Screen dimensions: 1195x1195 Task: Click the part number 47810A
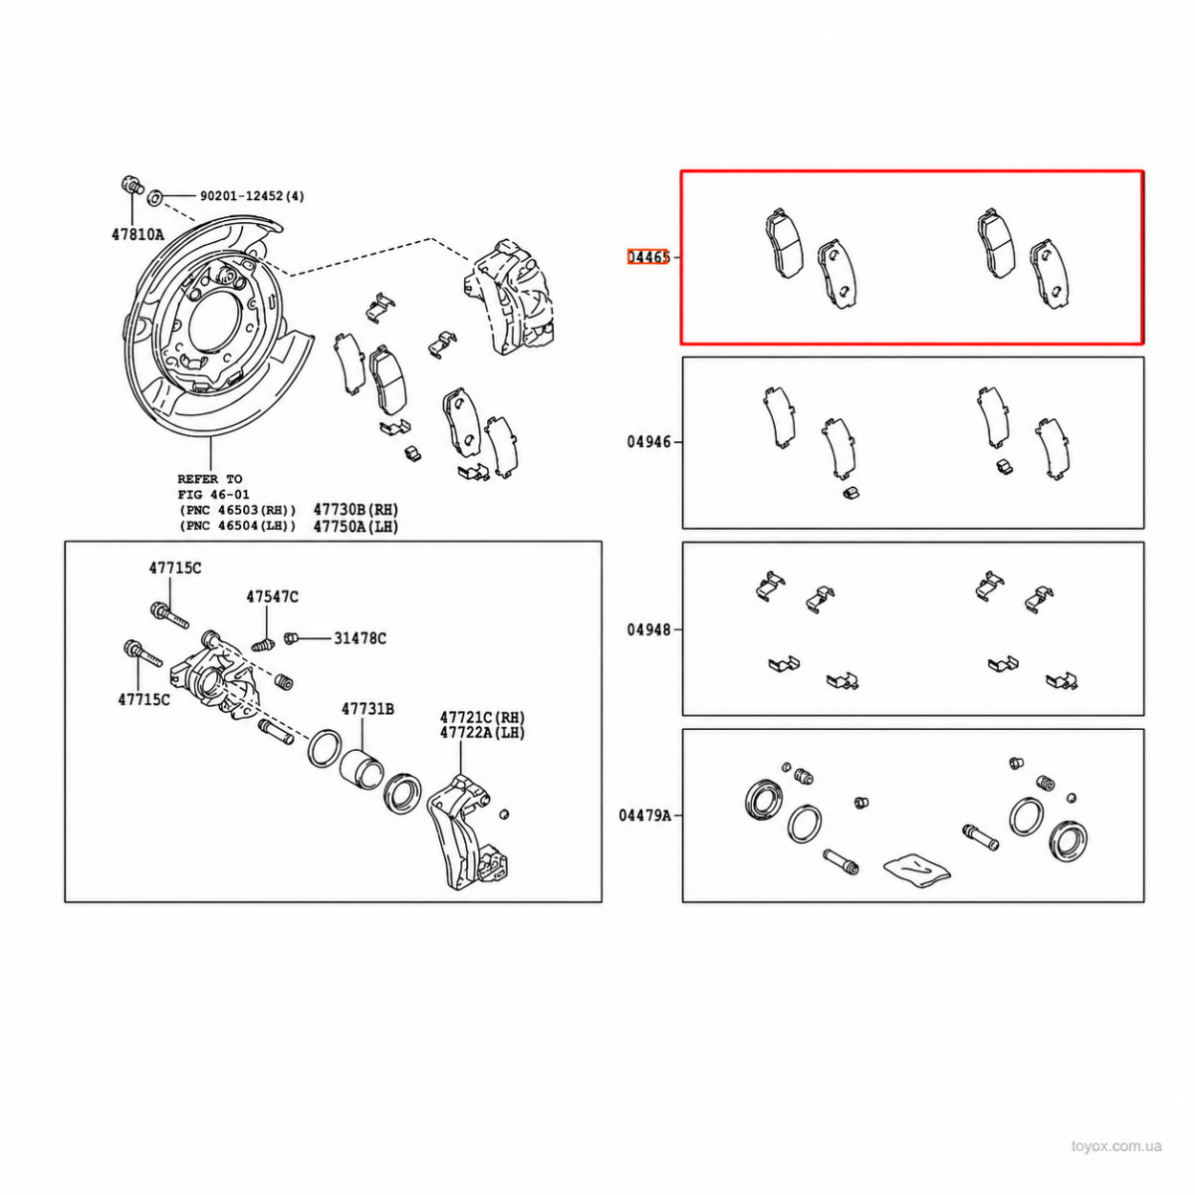point(137,234)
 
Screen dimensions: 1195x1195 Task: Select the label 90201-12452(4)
point(252,196)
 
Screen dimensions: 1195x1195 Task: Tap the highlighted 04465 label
point(648,257)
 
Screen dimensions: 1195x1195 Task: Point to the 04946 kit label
point(648,442)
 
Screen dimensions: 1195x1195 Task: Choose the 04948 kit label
point(648,629)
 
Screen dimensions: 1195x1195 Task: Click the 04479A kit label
point(645,815)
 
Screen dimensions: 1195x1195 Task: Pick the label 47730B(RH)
point(356,510)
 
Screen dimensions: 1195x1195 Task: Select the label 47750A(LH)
point(356,527)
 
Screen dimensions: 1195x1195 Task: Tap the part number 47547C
point(272,597)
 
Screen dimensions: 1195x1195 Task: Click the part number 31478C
point(360,637)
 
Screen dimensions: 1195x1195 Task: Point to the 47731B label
point(367,708)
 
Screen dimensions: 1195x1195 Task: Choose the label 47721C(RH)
point(482,717)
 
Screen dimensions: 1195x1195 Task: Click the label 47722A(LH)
point(482,732)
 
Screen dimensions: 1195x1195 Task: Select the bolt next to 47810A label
point(130,185)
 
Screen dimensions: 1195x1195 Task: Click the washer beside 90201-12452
point(155,198)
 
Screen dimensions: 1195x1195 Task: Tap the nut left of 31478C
point(291,637)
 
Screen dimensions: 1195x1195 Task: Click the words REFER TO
point(209,479)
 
